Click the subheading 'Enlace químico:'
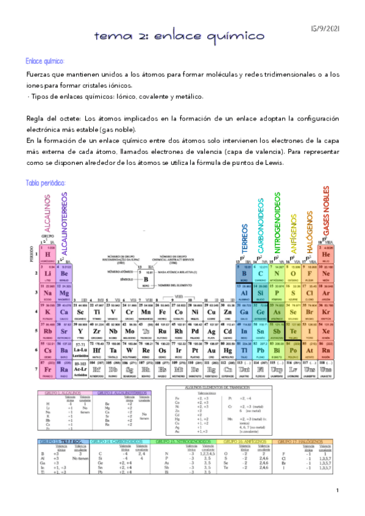click(x=45, y=61)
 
